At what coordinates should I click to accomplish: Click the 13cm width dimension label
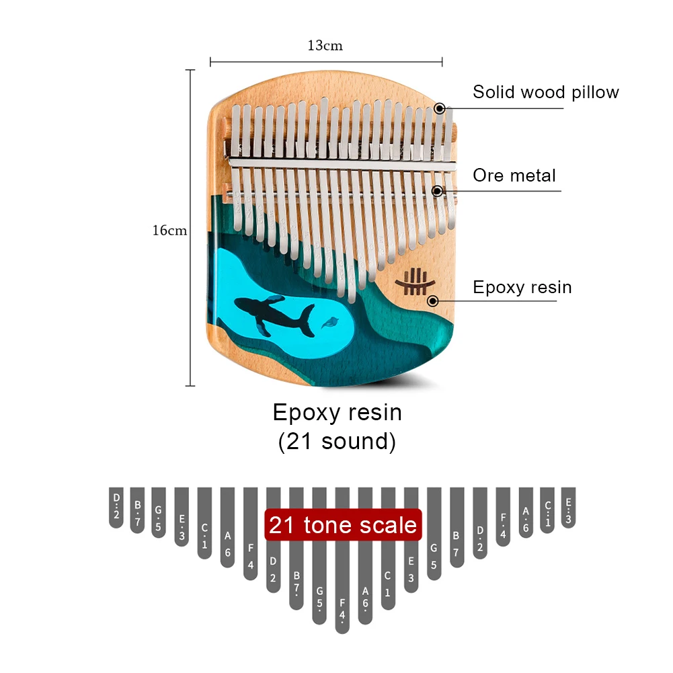tap(325, 46)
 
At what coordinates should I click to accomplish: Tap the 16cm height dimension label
tap(169, 231)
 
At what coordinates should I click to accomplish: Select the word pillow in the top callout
tap(587, 92)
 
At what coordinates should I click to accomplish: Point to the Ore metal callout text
tap(514, 175)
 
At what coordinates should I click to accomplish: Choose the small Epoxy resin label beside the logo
tap(522, 287)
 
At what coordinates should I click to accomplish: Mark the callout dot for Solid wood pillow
tap(439, 108)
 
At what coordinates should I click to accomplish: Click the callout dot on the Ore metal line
tap(437, 191)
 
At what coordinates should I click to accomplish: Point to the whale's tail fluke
tap(307, 320)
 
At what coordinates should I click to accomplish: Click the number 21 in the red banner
tap(282, 524)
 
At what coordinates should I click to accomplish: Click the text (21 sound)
tap(337, 441)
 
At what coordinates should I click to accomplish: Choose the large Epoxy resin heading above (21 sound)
tap(337, 411)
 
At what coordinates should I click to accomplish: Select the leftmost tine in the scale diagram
tap(116, 507)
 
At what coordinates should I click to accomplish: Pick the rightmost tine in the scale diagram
tap(569, 507)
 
